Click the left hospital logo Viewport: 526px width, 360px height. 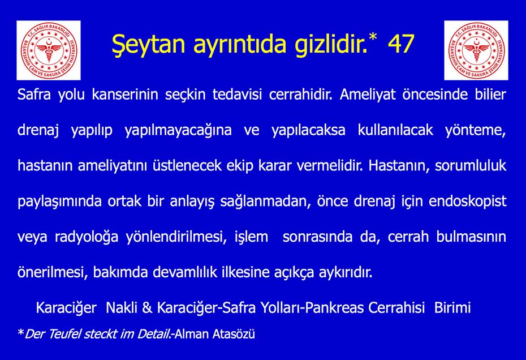49,50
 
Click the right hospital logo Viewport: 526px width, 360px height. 476,50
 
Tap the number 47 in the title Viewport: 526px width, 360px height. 401,44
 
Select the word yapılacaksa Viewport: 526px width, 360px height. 308,131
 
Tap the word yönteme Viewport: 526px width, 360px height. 475,131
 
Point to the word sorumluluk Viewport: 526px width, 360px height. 471,165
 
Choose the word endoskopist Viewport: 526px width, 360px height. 467,202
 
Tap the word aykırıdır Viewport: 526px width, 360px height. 346,273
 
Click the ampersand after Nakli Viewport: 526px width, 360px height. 147,308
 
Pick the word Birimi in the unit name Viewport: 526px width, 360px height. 452,308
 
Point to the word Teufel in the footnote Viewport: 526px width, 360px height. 64,334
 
